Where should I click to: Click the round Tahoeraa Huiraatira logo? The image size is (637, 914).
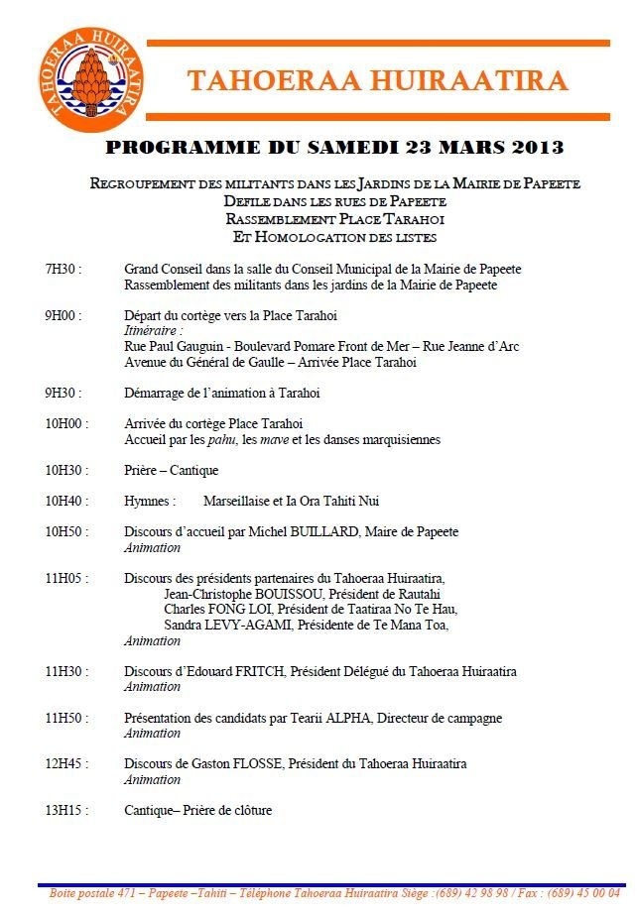pyautogui.click(x=85, y=79)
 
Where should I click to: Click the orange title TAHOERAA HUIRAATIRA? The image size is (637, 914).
pyautogui.click(x=377, y=81)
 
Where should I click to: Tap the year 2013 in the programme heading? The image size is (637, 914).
pyautogui.click(x=539, y=149)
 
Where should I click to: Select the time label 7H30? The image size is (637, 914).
pyautogui.click(x=62, y=270)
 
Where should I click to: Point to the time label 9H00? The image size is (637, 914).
pyautogui.click(x=62, y=316)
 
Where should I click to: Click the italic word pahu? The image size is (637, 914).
pyautogui.click(x=225, y=439)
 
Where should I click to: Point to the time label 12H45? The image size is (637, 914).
pyautogui.click(x=64, y=764)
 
